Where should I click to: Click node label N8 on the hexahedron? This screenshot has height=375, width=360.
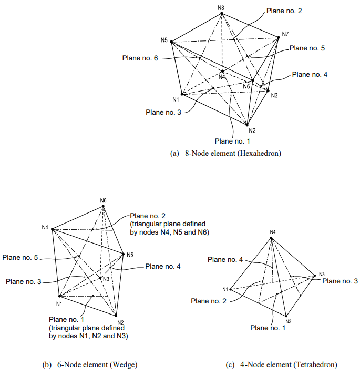(x=221, y=7)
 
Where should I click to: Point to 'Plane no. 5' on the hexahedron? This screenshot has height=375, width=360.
(x=307, y=48)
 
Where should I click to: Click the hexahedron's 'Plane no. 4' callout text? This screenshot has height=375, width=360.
(x=310, y=75)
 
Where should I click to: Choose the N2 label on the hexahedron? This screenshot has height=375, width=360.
(x=252, y=130)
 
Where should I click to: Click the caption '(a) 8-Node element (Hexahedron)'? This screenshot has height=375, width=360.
(x=226, y=154)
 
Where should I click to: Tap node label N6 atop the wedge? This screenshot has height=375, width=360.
(x=103, y=200)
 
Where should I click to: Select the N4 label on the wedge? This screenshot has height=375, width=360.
(x=45, y=227)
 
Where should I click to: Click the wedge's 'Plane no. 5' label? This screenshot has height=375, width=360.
(x=20, y=258)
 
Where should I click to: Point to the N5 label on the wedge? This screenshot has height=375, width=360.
(x=130, y=254)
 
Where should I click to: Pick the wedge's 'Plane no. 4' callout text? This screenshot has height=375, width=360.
(x=162, y=267)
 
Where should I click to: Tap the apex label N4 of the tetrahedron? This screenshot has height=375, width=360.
(x=272, y=232)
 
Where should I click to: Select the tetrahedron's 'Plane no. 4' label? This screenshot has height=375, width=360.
(x=225, y=259)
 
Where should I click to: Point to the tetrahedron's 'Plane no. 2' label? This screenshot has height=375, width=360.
(x=209, y=301)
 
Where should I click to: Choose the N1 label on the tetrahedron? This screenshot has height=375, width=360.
(x=225, y=289)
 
